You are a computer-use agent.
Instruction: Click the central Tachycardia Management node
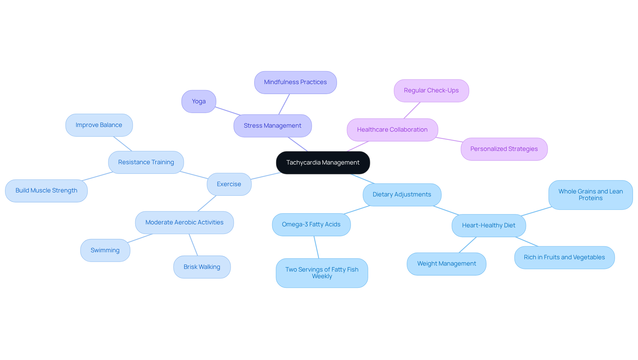(323, 163)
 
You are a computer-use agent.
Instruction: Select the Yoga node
(199, 101)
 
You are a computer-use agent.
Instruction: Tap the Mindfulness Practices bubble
(295, 82)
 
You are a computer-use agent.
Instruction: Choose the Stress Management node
(272, 126)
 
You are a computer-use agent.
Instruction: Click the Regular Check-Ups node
(431, 91)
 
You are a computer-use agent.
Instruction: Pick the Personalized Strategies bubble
(504, 149)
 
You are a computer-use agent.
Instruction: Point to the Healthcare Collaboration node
(392, 130)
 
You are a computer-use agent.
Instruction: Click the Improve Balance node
(99, 125)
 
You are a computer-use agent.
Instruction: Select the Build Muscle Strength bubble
(46, 191)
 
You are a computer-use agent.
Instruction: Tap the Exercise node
(229, 184)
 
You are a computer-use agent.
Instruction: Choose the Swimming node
(105, 250)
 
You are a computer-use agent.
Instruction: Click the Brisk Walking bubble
(202, 267)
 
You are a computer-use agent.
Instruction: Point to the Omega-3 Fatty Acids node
(311, 225)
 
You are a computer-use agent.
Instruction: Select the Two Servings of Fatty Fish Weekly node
(322, 273)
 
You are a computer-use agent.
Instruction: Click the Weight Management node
(446, 264)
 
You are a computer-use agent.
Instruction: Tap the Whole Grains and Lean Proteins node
(590, 195)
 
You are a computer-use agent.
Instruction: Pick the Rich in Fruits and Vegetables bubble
(564, 258)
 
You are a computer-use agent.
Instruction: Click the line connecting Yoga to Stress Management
(228, 111)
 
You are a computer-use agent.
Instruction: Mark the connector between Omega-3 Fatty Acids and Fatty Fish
(316, 247)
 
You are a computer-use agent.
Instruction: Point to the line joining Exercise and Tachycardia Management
(266, 176)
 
